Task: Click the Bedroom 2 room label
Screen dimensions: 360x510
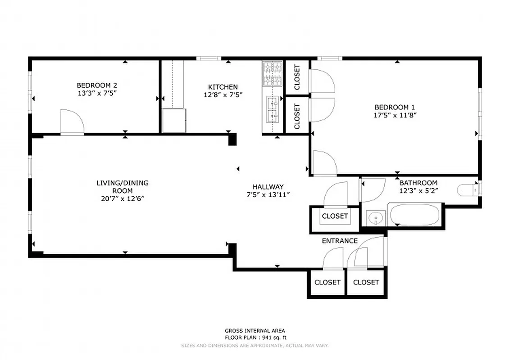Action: (x=97, y=85)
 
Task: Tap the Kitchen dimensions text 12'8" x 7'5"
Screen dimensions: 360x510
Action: (x=223, y=95)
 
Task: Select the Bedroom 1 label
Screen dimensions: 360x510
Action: (x=395, y=107)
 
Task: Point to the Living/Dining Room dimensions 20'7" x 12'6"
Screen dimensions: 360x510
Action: (x=122, y=198)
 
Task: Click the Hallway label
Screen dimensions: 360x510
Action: (x=268, y=187)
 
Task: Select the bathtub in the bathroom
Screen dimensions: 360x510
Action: (x=414, y=216)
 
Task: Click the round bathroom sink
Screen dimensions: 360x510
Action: (x=374, y=219)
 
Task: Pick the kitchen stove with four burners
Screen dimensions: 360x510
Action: (x=272, y=74)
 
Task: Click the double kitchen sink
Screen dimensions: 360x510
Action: (x=272, y=109)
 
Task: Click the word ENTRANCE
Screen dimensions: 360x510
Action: (x=339, y=241)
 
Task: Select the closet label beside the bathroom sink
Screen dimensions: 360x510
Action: (x=335, y=216)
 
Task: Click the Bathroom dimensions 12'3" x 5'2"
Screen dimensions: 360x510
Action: (x=418, y=190)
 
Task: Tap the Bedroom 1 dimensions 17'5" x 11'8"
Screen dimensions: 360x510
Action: (x=395, y=115)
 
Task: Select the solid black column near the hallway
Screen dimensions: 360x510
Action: (x=232, y=139)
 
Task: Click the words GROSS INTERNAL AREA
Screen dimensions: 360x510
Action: (x=255, y=331)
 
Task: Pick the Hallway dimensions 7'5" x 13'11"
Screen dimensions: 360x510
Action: (x=268, y=194)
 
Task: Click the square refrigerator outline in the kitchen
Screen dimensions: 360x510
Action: (x=174, y=120)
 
